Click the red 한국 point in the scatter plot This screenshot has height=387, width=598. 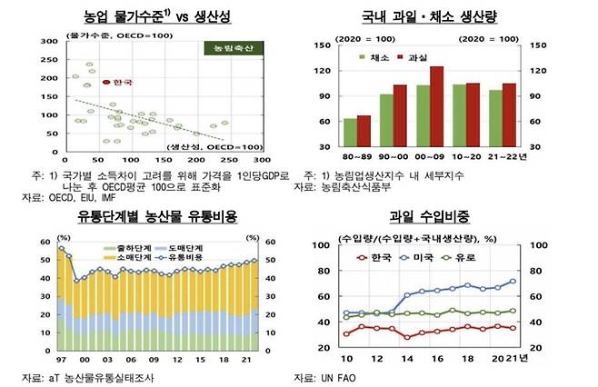(x=106, y=82)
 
